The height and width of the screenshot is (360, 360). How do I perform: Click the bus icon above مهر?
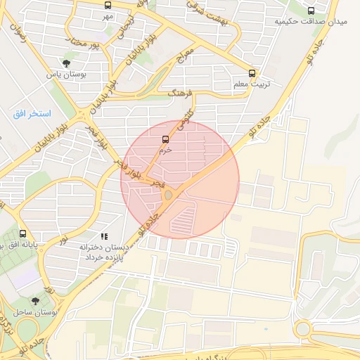108,6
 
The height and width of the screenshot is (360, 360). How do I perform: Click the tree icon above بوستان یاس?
66,63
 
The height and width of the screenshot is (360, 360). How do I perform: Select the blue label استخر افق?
32,113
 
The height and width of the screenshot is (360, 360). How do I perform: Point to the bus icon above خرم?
165,139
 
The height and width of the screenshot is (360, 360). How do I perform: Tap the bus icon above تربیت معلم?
252,73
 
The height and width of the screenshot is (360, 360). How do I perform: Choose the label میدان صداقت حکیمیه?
311,22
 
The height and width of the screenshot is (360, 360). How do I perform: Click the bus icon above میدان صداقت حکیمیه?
311,11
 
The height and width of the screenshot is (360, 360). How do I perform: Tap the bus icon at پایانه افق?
23,233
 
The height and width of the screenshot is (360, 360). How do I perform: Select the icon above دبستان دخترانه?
104,237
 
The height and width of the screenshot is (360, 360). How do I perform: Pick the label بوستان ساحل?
34,311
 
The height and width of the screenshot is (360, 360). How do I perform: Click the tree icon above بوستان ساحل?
35,301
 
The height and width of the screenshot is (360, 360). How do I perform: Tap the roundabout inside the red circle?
169,195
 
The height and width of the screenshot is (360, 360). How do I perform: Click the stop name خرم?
165,150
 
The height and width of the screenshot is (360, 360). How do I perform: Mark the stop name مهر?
108,15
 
